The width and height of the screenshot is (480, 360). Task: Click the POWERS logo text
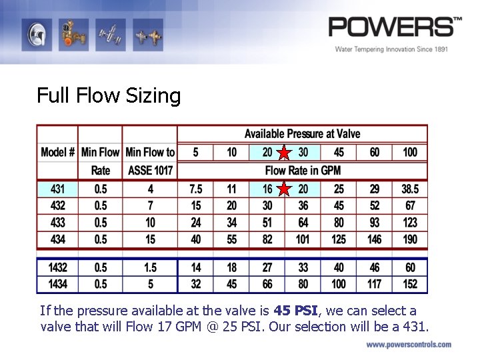[393, 28]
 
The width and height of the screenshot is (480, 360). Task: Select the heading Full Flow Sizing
[109, 96]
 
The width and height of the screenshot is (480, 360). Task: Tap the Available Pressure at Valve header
[302, 134]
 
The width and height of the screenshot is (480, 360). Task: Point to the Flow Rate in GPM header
[303, 171]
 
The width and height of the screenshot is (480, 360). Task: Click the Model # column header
[57, 152]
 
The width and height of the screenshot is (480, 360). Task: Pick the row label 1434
[57, 284]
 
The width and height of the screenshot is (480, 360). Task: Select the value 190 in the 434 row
[410, 239]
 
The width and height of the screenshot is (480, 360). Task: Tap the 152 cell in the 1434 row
[410, 284]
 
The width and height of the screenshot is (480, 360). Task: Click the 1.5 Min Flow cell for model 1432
[150, 267]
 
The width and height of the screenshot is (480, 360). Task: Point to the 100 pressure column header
[410, 152]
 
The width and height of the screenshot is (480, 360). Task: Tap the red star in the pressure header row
[285, 153]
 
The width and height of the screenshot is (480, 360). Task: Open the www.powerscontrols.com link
[408, 345]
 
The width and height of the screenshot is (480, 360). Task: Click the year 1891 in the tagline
[437, 49]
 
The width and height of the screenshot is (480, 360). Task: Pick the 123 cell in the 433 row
[410, 222]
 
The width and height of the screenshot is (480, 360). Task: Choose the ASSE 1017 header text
[150, 171]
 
